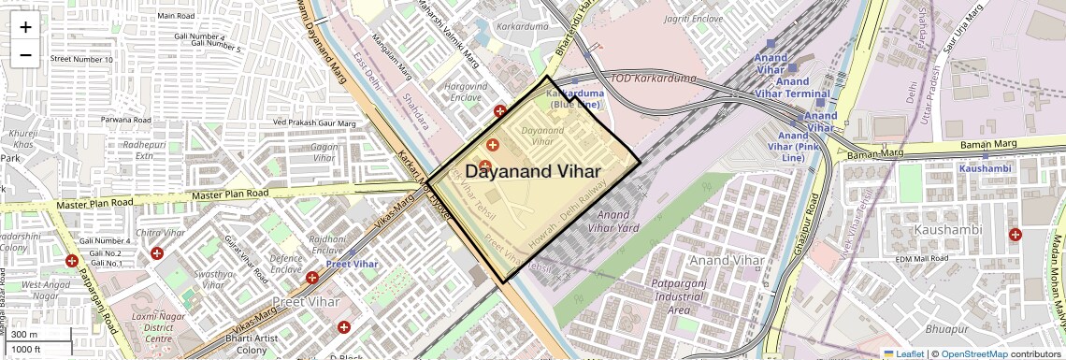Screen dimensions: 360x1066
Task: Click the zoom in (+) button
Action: pyautogui.click(x=25, y=26)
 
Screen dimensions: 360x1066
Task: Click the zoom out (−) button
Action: pyautogui.click(x=25, y=54)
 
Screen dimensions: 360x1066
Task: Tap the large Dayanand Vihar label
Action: pyautogui.click(x=533, y=171)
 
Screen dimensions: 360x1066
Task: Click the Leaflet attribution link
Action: pyautogui.click(x=903, y=353)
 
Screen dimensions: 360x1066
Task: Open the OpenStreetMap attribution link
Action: pyautogui.click(x=974, y=353)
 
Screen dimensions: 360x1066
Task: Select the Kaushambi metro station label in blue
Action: pyautogui.click(x=985, y=168)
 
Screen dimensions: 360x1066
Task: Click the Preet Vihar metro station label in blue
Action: pyautogui.click(x=352, y=264)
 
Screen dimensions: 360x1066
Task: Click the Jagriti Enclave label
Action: pyautogui.click(x=694, y=19)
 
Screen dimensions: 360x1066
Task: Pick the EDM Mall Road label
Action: pyautogui.click(x=922, y=258)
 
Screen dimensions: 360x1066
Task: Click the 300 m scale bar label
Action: pyautogui.click(x=25, y=335)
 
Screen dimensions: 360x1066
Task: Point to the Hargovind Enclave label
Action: pyautogui.click(x=468, y=92)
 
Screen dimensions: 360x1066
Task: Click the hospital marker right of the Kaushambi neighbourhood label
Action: pyautogui.click(x=1015, y=235)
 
